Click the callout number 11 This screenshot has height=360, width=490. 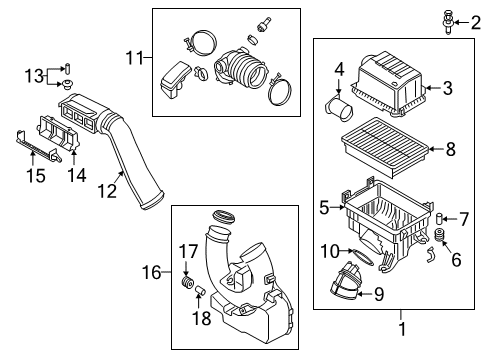134,58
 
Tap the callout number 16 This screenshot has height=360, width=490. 151,272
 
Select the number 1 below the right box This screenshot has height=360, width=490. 402,328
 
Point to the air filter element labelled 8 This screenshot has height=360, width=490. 384,147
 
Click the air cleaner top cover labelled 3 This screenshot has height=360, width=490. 389,85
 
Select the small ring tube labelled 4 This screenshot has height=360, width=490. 339,108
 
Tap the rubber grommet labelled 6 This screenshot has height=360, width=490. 441,235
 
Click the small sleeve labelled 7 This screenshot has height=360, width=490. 440,218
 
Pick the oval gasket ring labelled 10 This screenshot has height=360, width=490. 362,258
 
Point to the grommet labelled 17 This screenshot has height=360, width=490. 187,282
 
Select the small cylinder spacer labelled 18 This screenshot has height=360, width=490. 200,290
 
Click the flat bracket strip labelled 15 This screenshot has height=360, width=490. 37,147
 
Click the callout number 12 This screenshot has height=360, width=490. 107,191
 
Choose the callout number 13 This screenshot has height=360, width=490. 34,76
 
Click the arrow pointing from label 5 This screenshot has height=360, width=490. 337,207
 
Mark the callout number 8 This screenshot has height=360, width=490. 450,149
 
